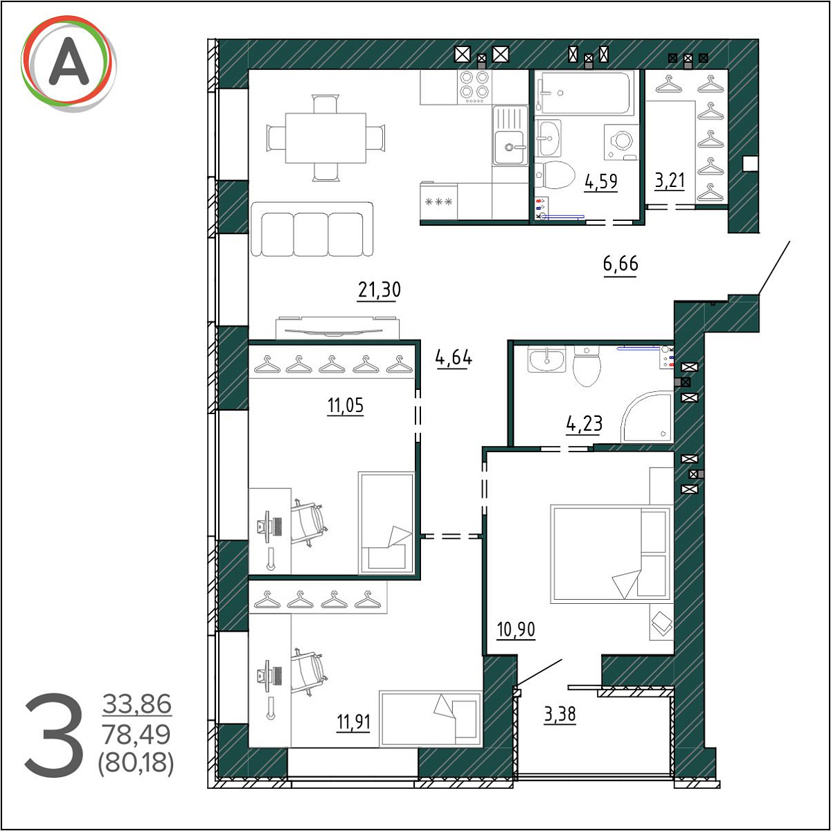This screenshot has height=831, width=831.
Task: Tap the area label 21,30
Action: [x=379, y=289]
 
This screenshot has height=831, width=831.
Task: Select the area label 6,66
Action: [x=620, y=263]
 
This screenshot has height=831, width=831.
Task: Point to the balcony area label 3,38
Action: [x=560, y=714]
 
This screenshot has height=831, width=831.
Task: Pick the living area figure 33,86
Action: [x=137, y=704]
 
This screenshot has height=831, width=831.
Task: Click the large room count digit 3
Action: [x=54, y=735]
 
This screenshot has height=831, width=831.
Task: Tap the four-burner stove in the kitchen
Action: [x=475, y=87]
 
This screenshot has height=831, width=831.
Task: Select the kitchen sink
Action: [x=510, y=135]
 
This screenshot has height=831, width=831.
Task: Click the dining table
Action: [x=325, y=138]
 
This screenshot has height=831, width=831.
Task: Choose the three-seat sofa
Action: [x=312, y=229]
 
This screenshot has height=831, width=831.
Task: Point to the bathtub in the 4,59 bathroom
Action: [x=584, y=92]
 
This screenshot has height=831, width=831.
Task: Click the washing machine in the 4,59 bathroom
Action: [x=621, y=143]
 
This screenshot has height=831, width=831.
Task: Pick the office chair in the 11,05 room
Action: [x=309, y=522]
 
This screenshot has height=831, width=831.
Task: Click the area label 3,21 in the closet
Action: [x=670, y=180]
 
